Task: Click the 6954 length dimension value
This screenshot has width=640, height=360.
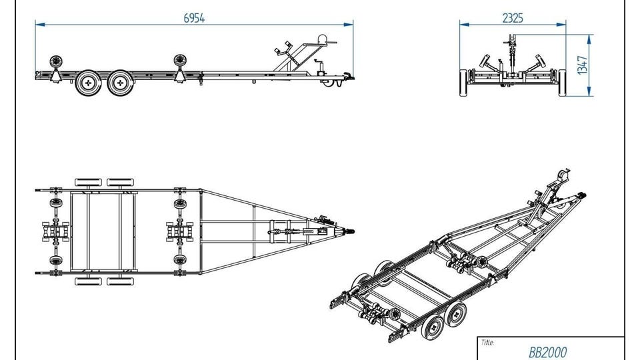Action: [194, 19]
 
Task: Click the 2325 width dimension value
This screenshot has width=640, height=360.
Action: [513, 19]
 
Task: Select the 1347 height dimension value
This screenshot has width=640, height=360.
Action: [583, 65]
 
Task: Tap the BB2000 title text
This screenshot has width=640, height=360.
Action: [548, 352]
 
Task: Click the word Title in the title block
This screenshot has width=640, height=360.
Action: [487, 343]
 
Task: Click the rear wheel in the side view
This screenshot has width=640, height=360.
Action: [88, 83]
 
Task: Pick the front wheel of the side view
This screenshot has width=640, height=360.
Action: [121, 83]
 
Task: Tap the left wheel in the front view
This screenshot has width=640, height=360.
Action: [464, 83]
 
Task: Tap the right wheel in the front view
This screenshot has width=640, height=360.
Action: [563, 83]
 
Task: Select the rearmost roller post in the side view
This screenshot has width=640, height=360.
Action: [56, 69]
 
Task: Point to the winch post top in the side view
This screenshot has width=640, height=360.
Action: [323, 39]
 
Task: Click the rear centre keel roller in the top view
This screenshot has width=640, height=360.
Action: [56, 231]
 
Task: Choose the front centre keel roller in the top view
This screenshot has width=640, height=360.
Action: [179, 231]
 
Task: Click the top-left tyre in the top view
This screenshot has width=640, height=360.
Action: [88, 182]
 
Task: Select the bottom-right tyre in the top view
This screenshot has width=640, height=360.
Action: [121, 281]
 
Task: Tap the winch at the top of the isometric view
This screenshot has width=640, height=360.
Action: [563, 175]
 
